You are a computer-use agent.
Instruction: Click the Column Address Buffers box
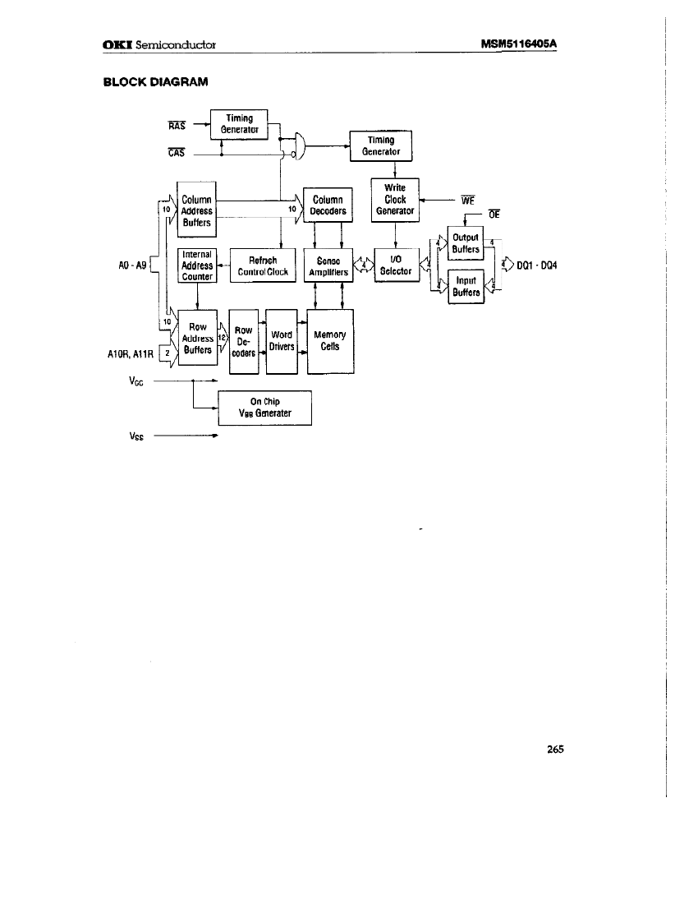click(x=196, y=210)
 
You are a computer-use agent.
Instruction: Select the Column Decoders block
click(x=328, y=205)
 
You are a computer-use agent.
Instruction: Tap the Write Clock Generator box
click(x=395, y=200)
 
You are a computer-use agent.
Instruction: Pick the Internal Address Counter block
click(x=196, y=265)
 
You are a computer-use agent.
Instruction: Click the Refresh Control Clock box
click(x=263, y=265)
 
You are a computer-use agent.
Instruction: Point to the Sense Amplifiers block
click(x=328, y=265)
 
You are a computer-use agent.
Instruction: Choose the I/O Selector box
click(x=395, y=265)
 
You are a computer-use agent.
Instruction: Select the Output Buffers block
click(x=466, y=243)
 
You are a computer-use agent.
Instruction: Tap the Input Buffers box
click(x=466, y=286)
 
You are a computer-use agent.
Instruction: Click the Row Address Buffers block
click(x=197, y=338)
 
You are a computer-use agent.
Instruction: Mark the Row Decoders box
click(x=243, y=341)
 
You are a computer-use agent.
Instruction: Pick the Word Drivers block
click(x=281, y=341)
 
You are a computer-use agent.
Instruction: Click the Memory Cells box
click(x=330, y=341)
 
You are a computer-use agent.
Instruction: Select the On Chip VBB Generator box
click(x=265, y=408)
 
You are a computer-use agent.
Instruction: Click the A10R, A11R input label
click(x=131, y=355)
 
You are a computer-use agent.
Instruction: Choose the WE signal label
click(x=468, y=199)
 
